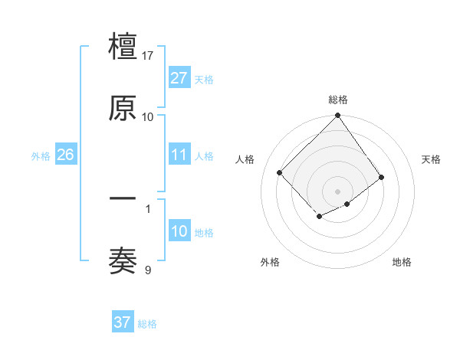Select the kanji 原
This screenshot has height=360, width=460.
point(123,110)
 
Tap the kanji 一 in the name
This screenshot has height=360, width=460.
point(123,201)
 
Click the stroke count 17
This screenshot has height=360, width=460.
point(148,56)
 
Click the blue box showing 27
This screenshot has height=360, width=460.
point(179,78)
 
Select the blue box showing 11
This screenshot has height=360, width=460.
point(179,155)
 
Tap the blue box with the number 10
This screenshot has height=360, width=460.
point(179,231)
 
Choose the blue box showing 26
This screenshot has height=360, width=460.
point(65,155)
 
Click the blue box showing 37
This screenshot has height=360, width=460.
point(123,322)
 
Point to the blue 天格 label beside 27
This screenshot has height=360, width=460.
point(204,79)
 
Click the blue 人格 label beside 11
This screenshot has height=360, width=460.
point(204,155)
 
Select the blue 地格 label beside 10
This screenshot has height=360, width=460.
point(204,232)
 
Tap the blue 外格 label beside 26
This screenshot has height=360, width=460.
point(41,155)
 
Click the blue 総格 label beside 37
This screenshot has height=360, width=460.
point(147,323)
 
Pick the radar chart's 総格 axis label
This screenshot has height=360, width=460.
point(338,100)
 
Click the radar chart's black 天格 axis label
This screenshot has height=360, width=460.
point(431,159)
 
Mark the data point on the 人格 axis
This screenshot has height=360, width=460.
point(280,172)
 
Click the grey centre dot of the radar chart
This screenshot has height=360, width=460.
point(338,191)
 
